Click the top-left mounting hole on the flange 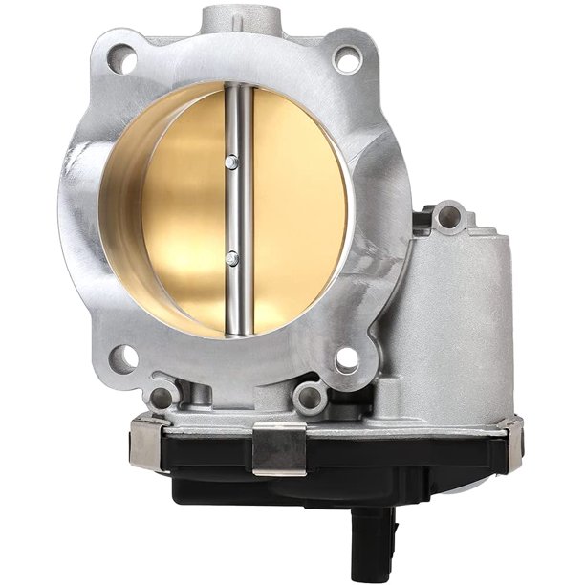click(x=122, y=61)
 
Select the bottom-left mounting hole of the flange click(x=122, y=360)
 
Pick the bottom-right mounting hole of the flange click(x=345, y=360)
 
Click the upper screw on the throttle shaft click(x=230, y=163)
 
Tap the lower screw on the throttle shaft click(x=231, y=256)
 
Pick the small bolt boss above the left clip click(x=163, y=396)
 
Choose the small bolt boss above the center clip click(x=308, y=396)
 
